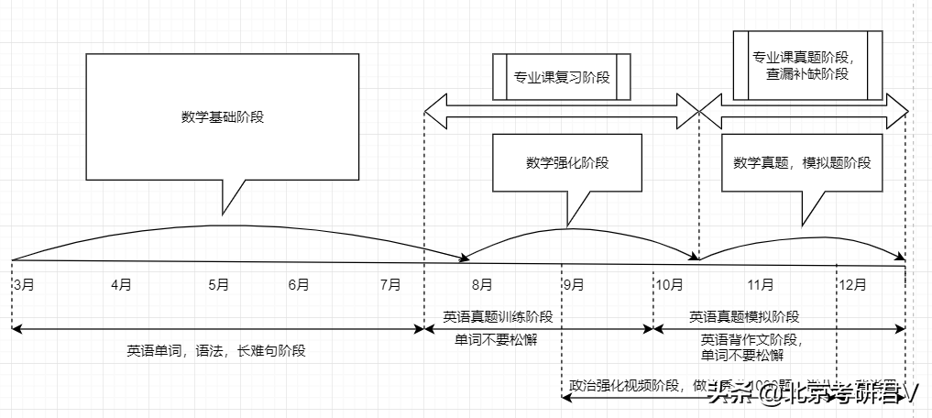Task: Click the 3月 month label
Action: pos(25,284)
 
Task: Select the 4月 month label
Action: pos(121,284)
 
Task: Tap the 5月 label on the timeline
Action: pos(218,284)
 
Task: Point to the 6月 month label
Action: pos(298,284)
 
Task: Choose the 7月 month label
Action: pos(389,284)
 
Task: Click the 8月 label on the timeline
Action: pos(482,284)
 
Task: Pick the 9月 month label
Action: pos(574,284)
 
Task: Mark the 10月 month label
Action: pos(668,284)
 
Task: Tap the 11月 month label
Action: pos(761,284)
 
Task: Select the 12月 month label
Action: pos(852,284)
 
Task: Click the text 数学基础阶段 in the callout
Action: pos(223,116)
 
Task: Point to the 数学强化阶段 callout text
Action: pos(567,162)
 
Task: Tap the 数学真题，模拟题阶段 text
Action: pos(802,162)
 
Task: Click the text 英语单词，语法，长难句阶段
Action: pos(216,349)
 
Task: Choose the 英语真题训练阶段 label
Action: pos(498,316)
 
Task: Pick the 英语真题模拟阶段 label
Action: pos(744,316)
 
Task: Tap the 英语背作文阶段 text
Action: pos(751,339)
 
